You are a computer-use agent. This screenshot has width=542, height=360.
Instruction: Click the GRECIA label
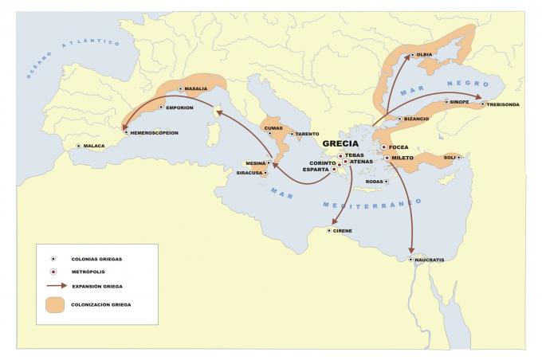pos(340,144)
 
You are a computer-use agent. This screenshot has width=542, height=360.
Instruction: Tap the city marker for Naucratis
pos(411,260)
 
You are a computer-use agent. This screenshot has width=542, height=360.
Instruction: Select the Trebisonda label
pos(504,104)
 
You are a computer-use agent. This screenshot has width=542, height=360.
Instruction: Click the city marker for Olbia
pos(411,56)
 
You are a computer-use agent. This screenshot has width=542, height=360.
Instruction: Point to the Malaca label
pos(95,147)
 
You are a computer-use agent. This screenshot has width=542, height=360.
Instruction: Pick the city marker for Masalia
pos(180,89)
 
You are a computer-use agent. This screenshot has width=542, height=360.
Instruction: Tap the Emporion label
pos(180,108)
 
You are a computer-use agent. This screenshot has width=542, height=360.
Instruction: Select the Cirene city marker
pos(328,231)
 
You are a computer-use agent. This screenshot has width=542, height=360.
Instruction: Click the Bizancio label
pos(417,119)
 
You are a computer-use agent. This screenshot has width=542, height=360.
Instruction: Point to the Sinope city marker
pos(446,102)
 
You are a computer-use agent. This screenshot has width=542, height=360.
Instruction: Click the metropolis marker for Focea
pos(383,147)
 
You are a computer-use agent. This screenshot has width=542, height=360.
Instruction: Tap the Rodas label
pos(375,182)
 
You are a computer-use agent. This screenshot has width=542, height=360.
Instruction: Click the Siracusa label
pos(249,173)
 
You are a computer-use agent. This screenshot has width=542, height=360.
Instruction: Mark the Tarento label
pos(308,134)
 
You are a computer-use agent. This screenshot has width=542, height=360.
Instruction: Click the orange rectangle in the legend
pos(54,303)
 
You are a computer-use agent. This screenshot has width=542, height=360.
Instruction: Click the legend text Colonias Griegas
pos(96,259)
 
